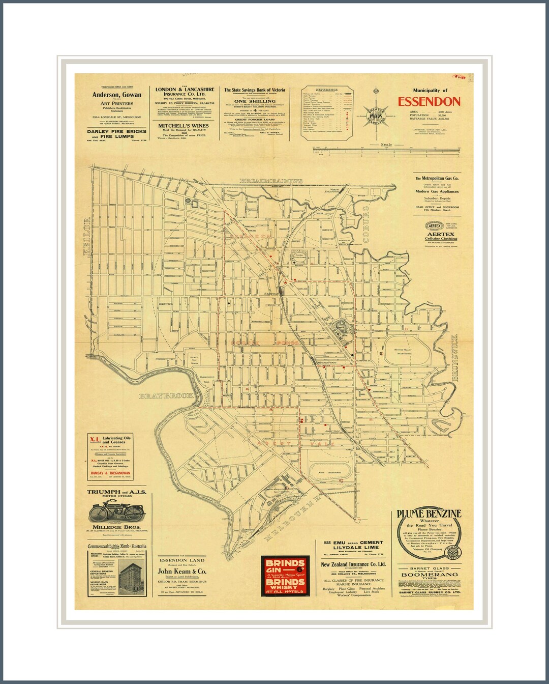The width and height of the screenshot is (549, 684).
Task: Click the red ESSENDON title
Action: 429,102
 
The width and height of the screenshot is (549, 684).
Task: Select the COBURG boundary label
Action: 365,224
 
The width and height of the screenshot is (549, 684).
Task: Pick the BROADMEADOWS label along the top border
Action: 271,181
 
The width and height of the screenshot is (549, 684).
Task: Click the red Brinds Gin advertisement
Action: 285,576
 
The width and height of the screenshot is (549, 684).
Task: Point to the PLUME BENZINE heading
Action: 429,514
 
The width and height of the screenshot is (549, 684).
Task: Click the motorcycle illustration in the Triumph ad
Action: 116,511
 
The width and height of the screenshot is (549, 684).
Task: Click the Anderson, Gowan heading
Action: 117,95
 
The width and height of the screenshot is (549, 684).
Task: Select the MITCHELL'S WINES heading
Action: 183,126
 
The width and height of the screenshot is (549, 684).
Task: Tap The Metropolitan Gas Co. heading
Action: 437,179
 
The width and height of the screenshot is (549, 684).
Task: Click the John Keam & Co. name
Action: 182,572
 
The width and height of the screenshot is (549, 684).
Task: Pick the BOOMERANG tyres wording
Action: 430,575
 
